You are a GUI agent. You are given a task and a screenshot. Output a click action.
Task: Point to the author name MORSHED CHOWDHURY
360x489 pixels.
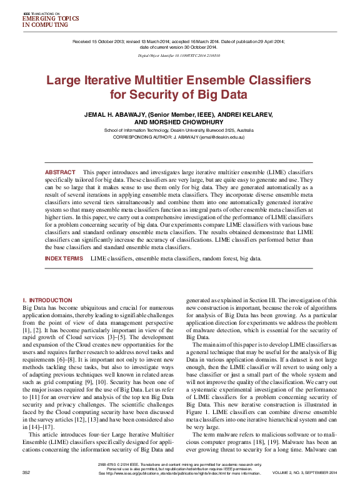point(191,122)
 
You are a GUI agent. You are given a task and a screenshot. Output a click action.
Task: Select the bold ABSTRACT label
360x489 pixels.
point(60,172)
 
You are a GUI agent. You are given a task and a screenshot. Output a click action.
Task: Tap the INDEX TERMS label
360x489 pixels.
point(64,258)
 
